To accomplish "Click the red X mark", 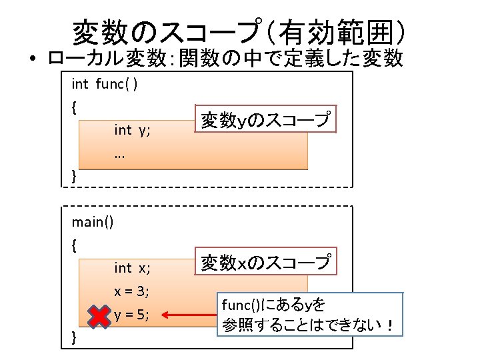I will pyautogui.click(x=99, y=315).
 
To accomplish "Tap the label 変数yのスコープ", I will pyautogui.click(x=265, y=119).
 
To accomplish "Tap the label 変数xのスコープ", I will pyautogui.click(x=265, y=263).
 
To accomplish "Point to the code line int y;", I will pyautogui.click(x=132, y=130).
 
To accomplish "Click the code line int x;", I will pyautogui.click(x=132, y=268).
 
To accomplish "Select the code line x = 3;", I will pyautogui.click(x=131, y=291).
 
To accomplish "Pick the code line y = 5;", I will pyautogui.click(x=131, y=315).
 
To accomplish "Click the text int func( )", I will pyautogui.click(x=105, y=84).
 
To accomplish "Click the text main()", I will pyautogui.click(x=93, y=222).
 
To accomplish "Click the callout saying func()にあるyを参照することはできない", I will pyautogui.click(x=310, y=316).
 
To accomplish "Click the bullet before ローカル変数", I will pyautogui.click(x=32, y=60).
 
